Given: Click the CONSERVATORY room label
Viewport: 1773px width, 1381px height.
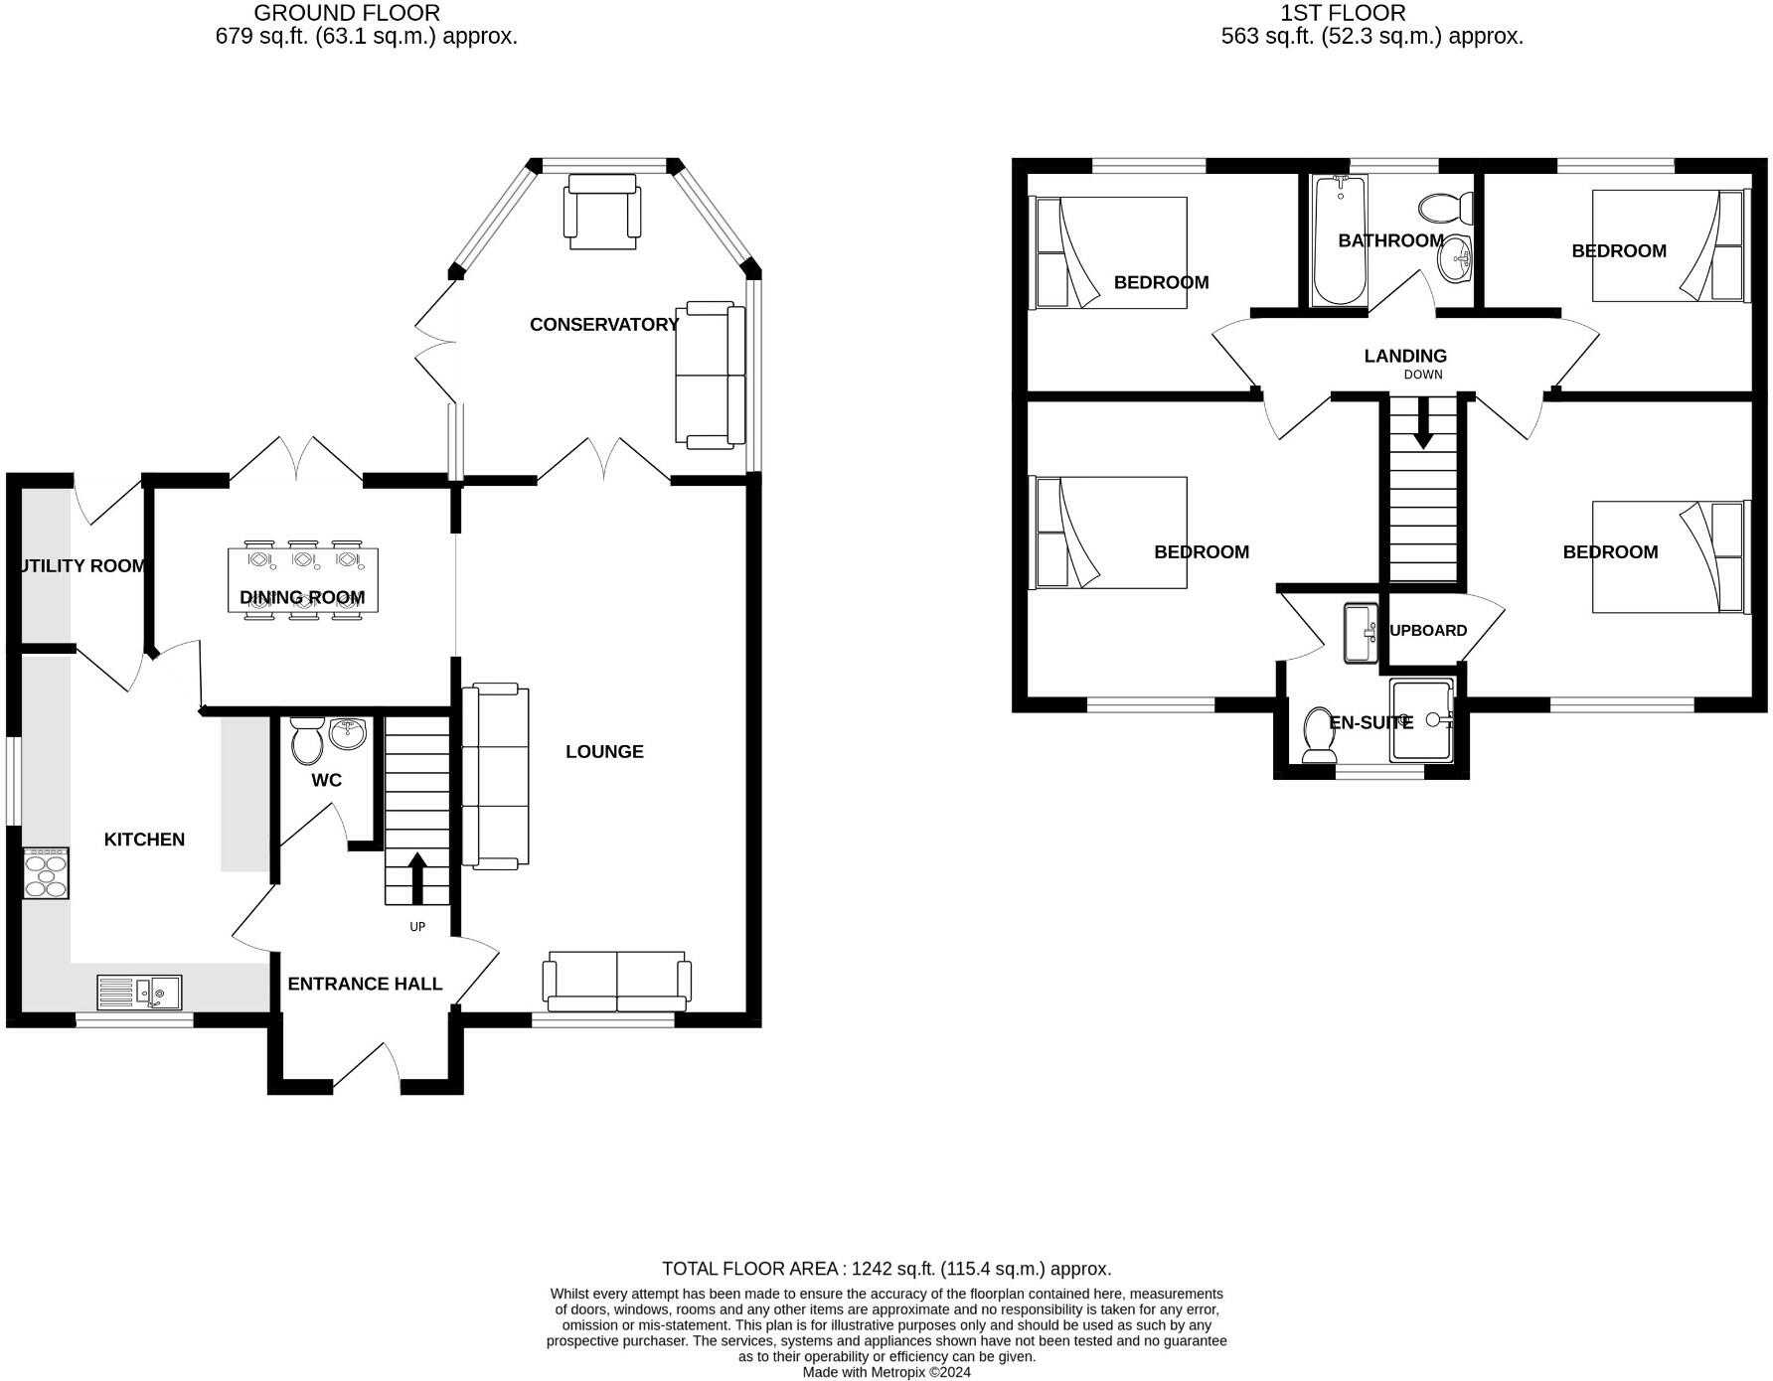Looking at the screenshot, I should click(x=603, y=325).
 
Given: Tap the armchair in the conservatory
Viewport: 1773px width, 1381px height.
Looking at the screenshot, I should click(x=600, y=212).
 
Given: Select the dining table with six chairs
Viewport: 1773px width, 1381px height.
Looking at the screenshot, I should click(x=302, y=580).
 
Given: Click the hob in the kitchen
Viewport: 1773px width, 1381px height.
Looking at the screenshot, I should click(x=46, y=873).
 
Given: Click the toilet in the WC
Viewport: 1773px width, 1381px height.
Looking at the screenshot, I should click(x=306, y=739).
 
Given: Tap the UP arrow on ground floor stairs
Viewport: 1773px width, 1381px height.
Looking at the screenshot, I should click(x=417, y=877).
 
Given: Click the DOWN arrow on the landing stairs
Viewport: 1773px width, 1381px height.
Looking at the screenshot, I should click(x=1422, y=422).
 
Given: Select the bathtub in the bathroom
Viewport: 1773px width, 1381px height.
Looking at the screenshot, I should click(x=1339, y=240).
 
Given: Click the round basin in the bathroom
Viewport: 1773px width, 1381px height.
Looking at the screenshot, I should click(x=1456, y=259).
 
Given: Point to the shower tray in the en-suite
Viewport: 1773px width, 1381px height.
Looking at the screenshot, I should click(x=1422, y=720).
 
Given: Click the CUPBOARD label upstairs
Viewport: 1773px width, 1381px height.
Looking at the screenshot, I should click(x=1426, y=631).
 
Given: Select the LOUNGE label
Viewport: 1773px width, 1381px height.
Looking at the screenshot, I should click(x=604, y=752).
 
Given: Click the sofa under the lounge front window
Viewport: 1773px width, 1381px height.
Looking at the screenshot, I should click(x=616, y=979).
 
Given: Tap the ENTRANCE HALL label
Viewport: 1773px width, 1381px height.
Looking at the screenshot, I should click(x=365, y=984).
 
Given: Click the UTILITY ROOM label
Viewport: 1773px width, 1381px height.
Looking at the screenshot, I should click(x=81, y=566).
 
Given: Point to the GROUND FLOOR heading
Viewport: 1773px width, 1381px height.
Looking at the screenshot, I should click(x=346, y=13).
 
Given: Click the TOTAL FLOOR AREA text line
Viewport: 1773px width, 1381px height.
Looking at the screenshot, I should click(x=886, y=1269).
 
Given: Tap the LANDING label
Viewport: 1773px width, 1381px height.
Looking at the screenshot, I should click(x=1404, y=356).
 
